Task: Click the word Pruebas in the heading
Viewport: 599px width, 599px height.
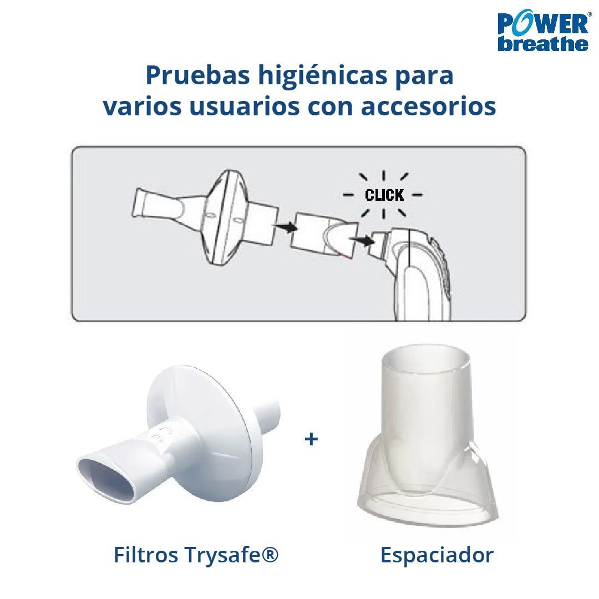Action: coord(198,75)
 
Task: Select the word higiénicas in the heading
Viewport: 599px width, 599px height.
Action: coord(323,75)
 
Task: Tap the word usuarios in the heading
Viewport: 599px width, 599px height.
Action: coord(245,106)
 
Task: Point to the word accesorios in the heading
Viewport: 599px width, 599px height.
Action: coord(428,106)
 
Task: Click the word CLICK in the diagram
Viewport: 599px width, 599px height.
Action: coord(384,195)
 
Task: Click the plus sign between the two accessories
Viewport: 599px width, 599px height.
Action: coord(311,439)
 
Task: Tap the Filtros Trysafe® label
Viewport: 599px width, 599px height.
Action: coord(196,555)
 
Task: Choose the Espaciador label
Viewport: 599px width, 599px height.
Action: coord(436,555)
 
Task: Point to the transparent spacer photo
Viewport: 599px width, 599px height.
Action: coord(428,435)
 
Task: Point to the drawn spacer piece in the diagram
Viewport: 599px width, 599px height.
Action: coord(324,234)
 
